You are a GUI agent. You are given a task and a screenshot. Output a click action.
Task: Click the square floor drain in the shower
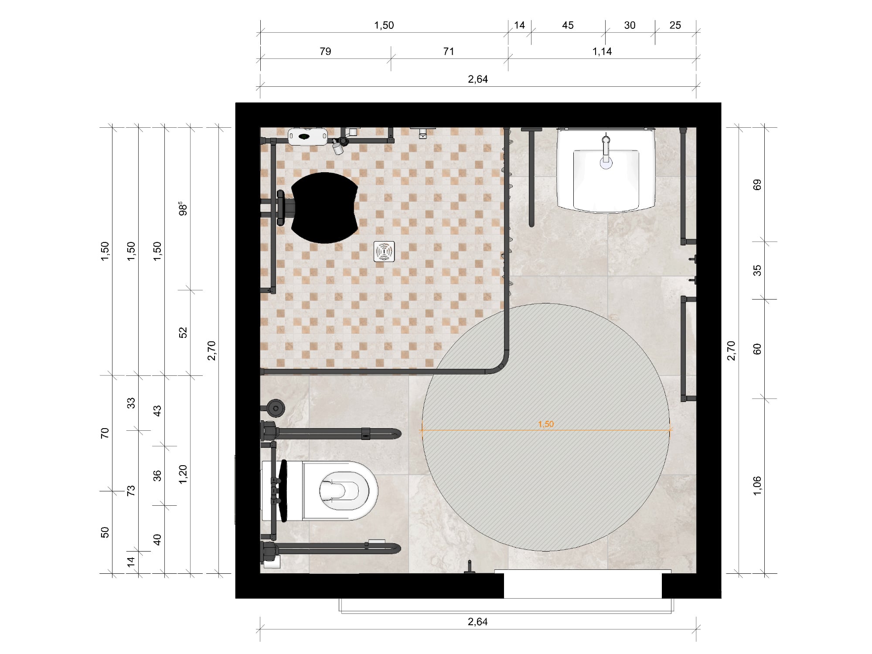pyautogui.click(x=384, y=252)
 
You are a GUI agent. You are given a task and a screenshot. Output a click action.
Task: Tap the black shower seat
pyautogui.click(x=324, y=208)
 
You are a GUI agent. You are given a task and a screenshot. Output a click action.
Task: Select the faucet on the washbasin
pyautogui.click(x=606, y=153)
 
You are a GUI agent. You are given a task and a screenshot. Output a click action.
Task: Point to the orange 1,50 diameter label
pyautogui.click(x=546, y=424)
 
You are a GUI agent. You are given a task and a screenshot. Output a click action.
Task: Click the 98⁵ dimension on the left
pyautogui.click(x=183, y=208)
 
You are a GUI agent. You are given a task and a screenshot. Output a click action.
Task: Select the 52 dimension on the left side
pyautogui.click(x=183, y=332)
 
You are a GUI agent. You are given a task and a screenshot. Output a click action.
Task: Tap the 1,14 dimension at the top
pyautogui.click(x=602, y=51)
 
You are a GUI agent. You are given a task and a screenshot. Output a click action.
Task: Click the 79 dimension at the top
pyautogui.click(x=325, y=51)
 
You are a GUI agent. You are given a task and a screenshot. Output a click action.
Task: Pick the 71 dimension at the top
pyautogui.click(x=449, y=51)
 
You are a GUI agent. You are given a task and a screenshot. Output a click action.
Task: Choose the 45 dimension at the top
pyautogui.click(x=568, y=25)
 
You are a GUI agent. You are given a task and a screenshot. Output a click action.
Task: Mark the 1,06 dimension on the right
pyautogui.click(x=757, y=486)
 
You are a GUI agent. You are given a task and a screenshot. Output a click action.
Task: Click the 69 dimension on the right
pyautogui.click(x=757, y=185)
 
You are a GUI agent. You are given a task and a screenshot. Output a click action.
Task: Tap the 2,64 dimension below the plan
pyautogui.click(x=478, y=622)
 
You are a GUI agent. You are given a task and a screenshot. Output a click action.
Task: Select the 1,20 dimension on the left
pyautogui.click(x=183, y=474)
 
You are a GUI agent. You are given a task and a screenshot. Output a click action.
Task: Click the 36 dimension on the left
pyautogui.click(x=157, y=476)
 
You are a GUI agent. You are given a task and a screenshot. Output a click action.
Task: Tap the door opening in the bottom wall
pyautogui.click(x=583, y=585)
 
